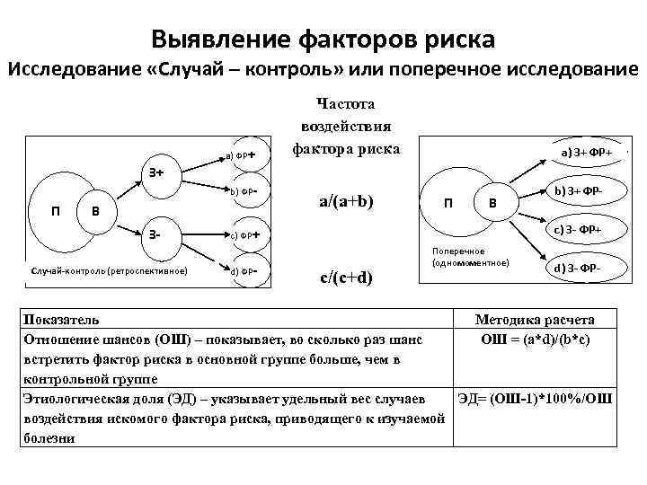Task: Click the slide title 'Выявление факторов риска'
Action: point(323,40)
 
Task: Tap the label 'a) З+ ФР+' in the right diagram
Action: point(588,154)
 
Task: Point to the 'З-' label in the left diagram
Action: point(155,234)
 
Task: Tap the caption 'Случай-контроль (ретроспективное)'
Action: point(109,269)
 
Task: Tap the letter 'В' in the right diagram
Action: point(492,204)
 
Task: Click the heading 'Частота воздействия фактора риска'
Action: point(347,127)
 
